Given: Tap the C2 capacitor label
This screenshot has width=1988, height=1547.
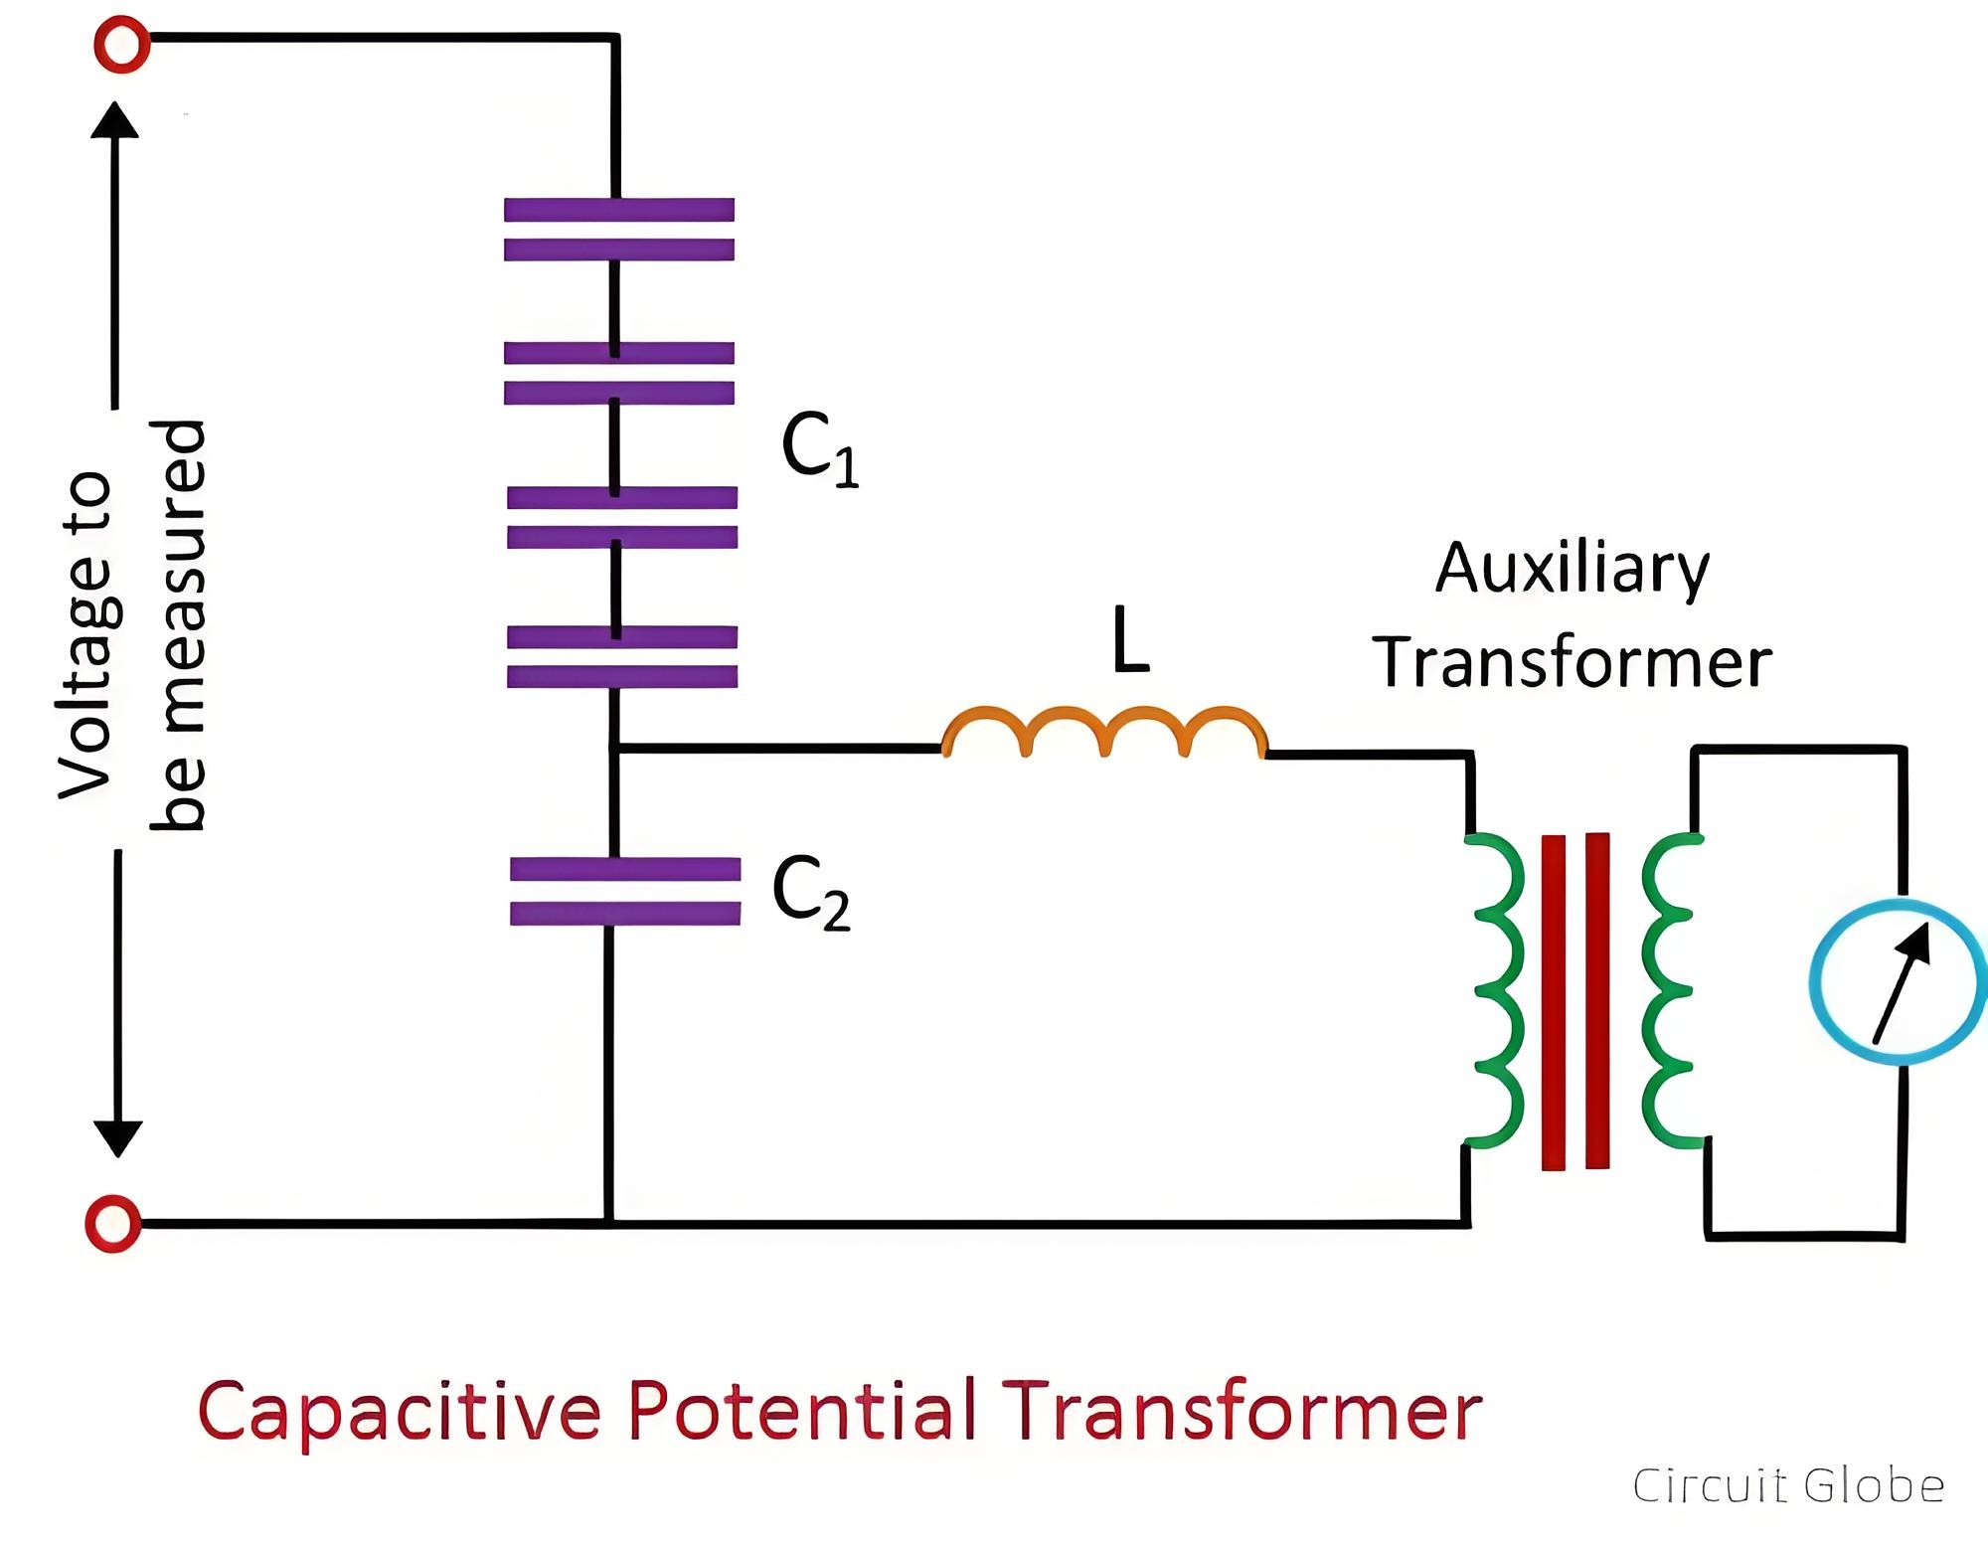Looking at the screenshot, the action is coord(811,893).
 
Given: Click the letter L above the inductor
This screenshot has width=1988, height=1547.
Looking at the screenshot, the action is coord(1130,639).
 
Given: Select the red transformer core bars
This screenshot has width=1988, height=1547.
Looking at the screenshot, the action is coord(1575,1001).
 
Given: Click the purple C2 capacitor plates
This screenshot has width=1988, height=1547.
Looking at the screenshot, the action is coord(625,891).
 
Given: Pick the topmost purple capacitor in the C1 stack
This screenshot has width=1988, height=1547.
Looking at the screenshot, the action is coord(619,230).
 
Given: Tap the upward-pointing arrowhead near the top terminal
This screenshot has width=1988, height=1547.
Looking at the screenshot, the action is coord(115,119).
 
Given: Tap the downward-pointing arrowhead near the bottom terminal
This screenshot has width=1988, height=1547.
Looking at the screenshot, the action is coord(118,1140).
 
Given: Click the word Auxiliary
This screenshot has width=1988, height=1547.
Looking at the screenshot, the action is coord(1573,570).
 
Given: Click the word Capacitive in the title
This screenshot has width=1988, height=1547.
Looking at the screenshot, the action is coord(400,1412).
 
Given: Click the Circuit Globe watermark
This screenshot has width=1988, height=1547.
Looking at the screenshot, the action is coord(1788,1486).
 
